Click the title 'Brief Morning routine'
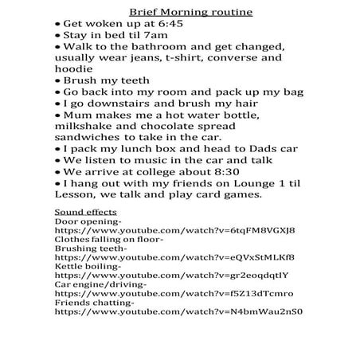tap(179, 13)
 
